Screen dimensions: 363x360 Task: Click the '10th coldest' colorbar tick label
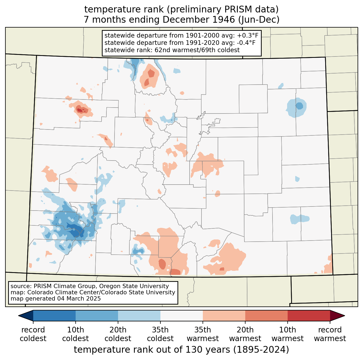click(x=75, y=334)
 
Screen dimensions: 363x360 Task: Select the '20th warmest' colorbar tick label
click(x=245, y=334)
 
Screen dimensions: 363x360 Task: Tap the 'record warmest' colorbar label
click(x=330, y=334)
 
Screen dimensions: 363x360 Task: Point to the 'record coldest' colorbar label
click(x=33, y=334)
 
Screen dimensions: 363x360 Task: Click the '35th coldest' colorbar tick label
click(x=160, y=334)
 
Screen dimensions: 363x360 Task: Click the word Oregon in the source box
click(x=108, y=286)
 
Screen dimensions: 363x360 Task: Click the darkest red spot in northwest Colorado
click(x=80, y=110)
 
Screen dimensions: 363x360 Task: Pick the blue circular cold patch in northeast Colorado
click(x=296, y=107)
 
